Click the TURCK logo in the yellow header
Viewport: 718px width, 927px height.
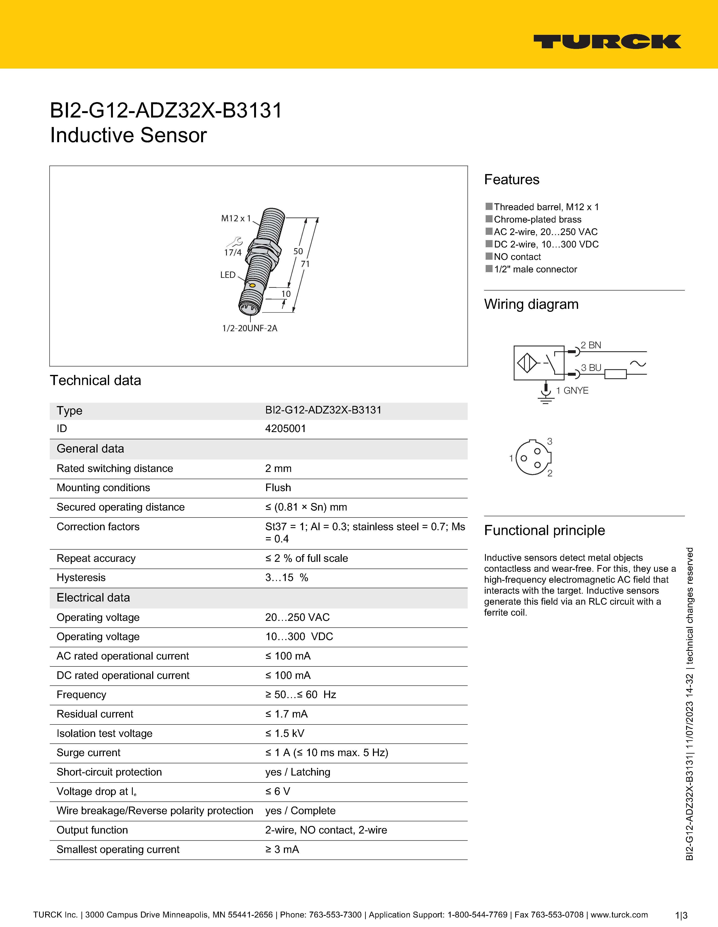(x=607, y=42)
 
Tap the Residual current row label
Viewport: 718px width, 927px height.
(x=95, y=714)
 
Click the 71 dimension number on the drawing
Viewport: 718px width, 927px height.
(x=305, y=264)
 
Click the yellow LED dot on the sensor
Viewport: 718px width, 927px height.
(x=252, y=285)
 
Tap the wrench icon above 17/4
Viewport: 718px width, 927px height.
(x=234, y=242)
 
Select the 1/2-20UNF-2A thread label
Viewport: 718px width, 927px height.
(x=250, y=328)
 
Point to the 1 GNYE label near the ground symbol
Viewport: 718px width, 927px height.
(x=572, y=391)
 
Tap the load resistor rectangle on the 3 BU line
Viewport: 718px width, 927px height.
(x=615, y=374)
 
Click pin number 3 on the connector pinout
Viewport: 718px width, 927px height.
(x=549, y=441)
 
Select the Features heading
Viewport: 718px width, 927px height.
(x=512, y=180)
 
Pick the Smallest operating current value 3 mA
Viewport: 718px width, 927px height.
(x=282, y=849)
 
